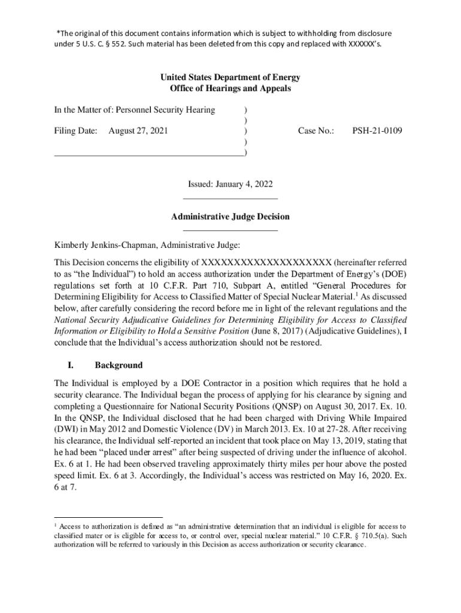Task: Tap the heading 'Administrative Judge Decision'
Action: pos(230,217)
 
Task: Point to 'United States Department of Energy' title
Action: pos(230,78)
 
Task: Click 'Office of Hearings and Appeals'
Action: pos(230,89)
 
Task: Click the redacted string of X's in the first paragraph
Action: pos(266,263)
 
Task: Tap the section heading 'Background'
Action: pos(119,365)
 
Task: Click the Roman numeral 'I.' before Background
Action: pos(69,365)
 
